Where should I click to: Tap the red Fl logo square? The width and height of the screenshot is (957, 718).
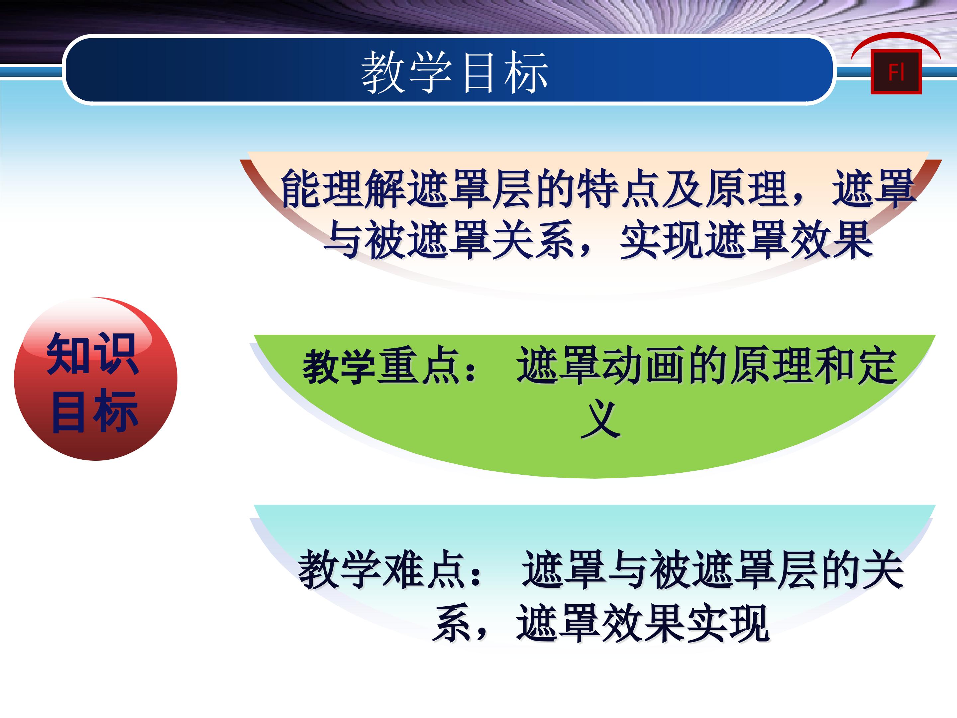coord(896,72)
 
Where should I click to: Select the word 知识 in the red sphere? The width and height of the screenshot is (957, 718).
coord(93,354)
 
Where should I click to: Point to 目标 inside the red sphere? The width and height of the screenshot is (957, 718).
coord(95,411)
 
